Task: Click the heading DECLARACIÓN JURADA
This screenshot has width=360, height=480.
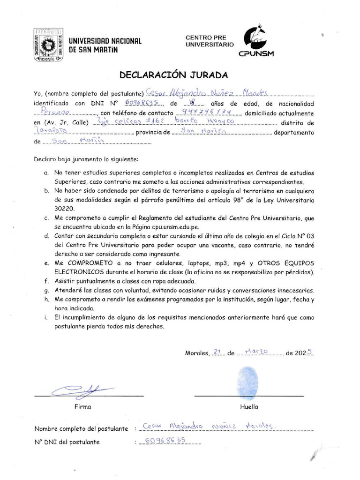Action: pos(173,75)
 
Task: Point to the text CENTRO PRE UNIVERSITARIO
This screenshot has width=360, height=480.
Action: pos(209,41)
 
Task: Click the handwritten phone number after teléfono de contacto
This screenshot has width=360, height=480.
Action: pos(207,113)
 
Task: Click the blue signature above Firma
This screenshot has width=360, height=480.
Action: pos(82,389)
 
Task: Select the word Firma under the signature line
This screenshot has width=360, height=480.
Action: pos(83,407)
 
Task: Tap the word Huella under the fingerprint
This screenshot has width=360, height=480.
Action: pos(249,407)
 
